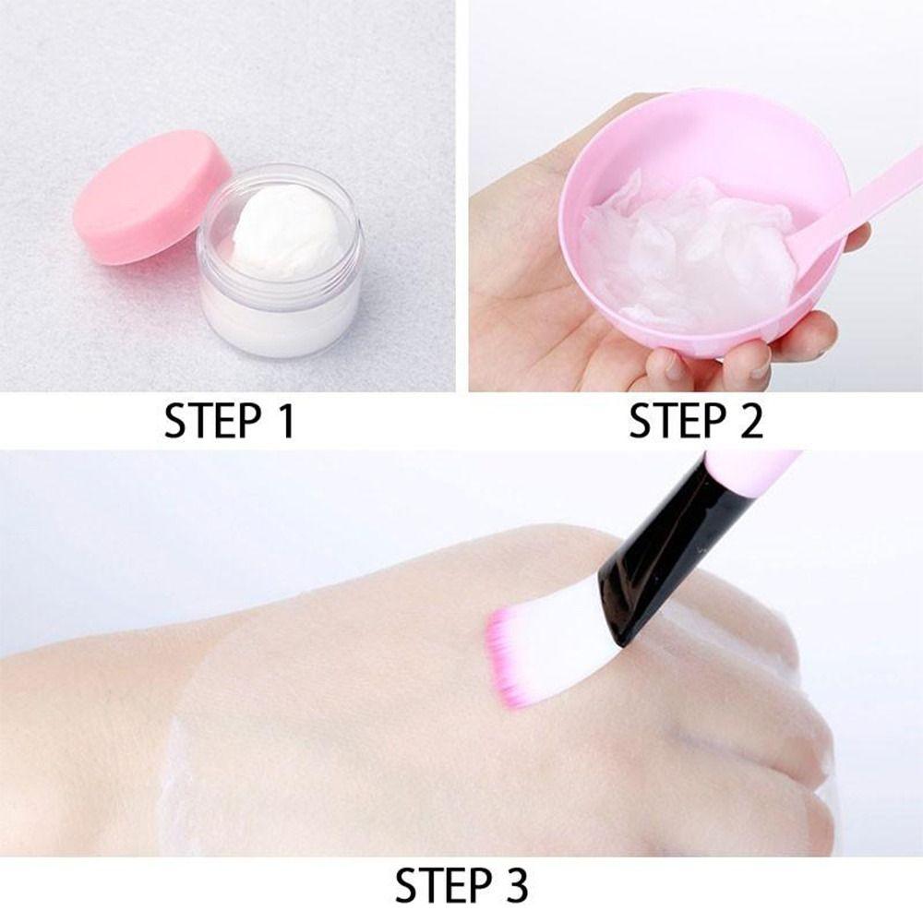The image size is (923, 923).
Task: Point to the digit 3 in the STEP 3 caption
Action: (x=514, y=886)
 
